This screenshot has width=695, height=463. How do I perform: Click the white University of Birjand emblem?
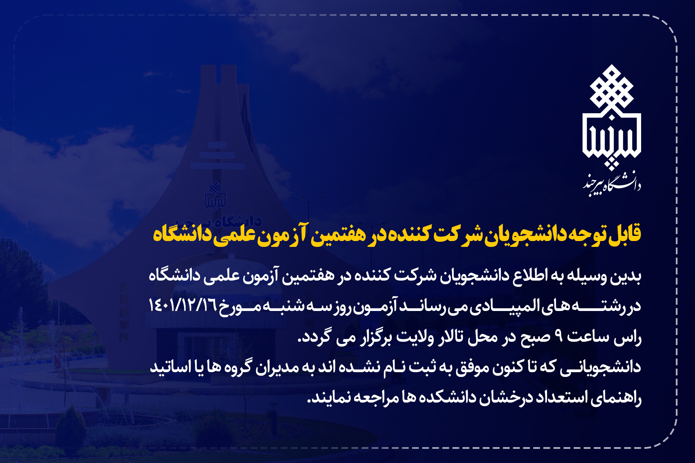[x=611, y=117]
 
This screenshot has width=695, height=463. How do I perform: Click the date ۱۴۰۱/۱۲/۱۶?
[x=183, y=305]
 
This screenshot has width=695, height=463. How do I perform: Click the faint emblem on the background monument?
[x=216, y=196]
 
